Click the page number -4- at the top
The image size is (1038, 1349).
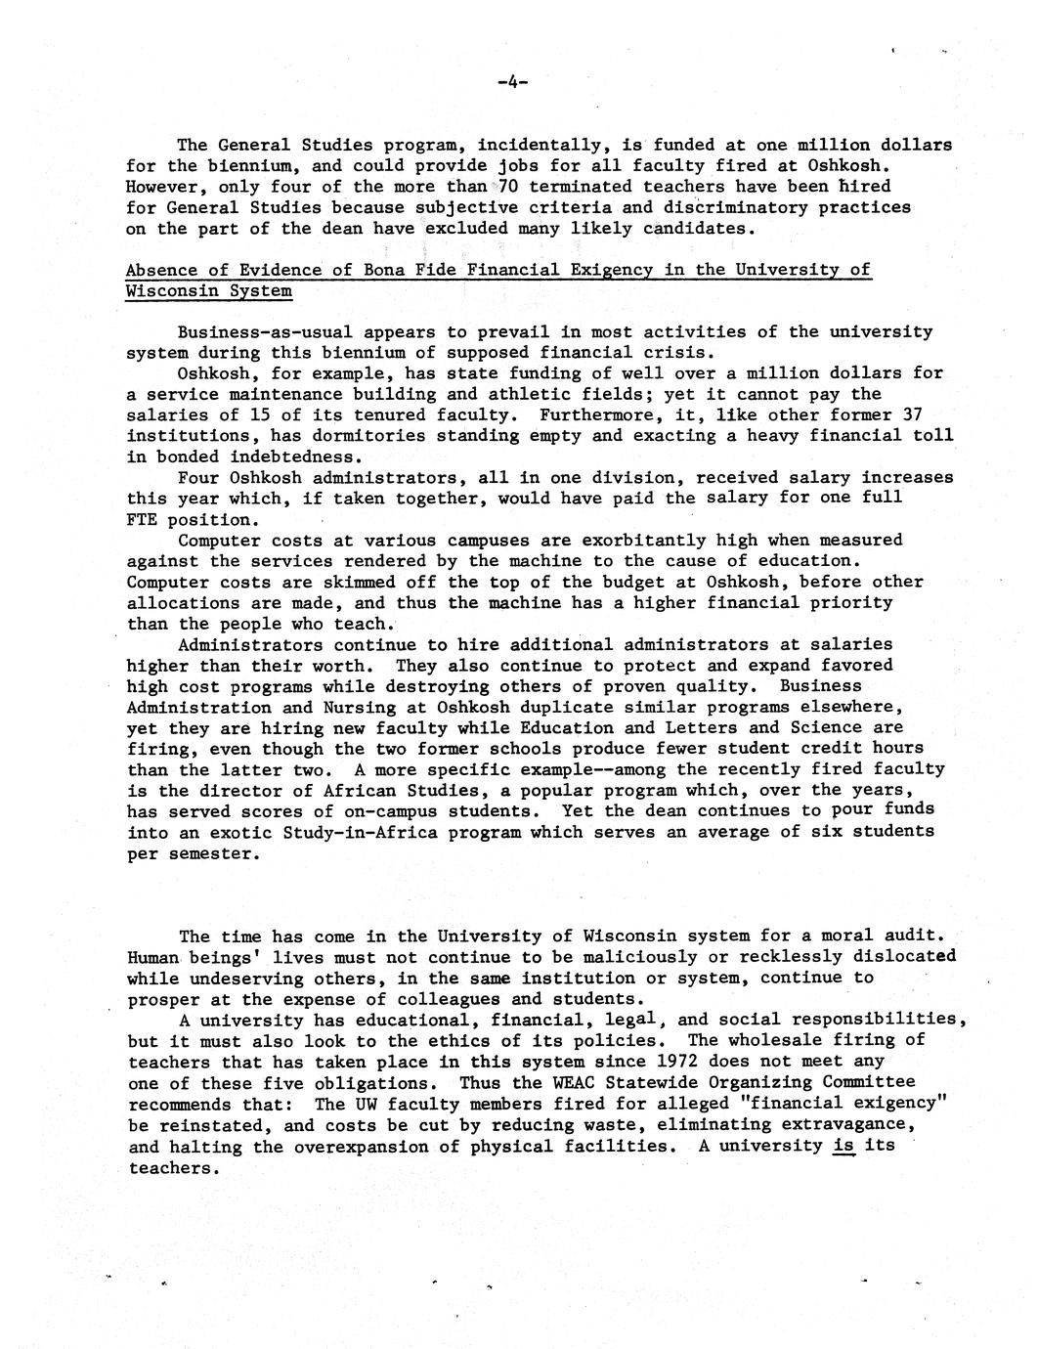[x=511, y=83]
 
